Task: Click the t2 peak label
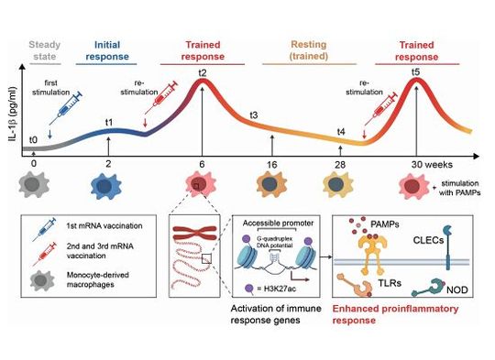pyautogui.click(x=203, y=73)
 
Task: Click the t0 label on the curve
pyautogui.click(x=34, y=139)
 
